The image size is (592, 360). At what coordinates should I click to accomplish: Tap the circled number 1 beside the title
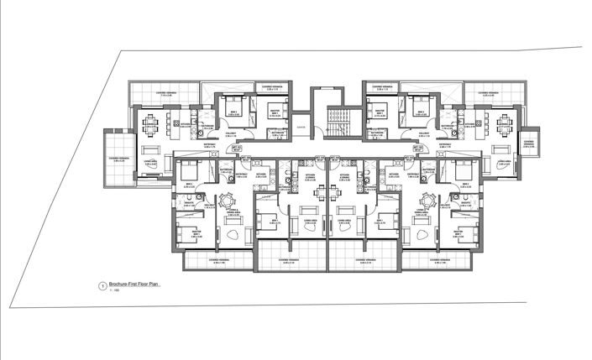[102, 286]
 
